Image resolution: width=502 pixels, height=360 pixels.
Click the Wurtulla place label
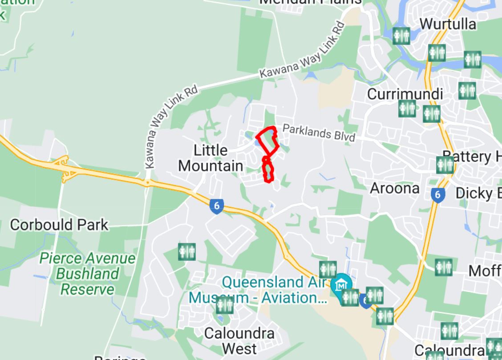coord(448,24)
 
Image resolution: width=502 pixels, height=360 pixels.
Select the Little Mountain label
coord(211,158)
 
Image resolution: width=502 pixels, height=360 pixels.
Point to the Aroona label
coord(395,188)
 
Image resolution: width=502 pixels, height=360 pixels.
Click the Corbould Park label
coord(59,225)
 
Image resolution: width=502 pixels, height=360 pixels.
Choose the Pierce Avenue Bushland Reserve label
coord(87,274)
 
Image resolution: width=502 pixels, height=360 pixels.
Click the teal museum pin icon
coord(341,283)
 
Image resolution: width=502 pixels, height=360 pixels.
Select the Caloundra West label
coord(239,340)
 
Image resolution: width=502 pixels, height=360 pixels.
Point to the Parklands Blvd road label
coord(319,133)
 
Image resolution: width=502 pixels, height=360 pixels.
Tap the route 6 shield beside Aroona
coord(438,194)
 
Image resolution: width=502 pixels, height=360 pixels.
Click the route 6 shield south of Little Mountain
coord(217,206)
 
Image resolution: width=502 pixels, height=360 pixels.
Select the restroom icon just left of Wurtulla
coord(401,36)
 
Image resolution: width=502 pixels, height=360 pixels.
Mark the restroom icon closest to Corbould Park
coord(187,252)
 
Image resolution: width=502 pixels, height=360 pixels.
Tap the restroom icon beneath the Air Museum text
coord(224,306)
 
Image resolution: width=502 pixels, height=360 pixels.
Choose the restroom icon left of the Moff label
coord(444,267)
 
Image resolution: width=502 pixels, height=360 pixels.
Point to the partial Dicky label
coord(478,193)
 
